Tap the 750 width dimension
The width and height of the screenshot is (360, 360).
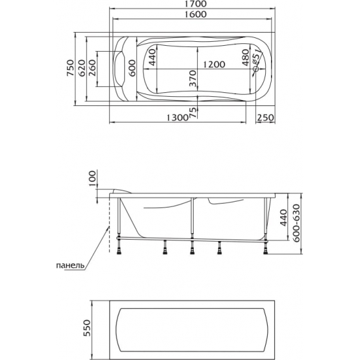[71, 68]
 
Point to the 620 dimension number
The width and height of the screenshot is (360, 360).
[82, 68]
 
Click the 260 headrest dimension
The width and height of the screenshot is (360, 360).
[92, 68]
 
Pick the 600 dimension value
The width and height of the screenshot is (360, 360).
[132, 68]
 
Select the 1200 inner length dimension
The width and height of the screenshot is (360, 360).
[214, 65]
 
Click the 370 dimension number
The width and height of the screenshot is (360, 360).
[192, 79]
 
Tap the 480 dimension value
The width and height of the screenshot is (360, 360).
[245, 58]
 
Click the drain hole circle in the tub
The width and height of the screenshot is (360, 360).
[255, 69]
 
